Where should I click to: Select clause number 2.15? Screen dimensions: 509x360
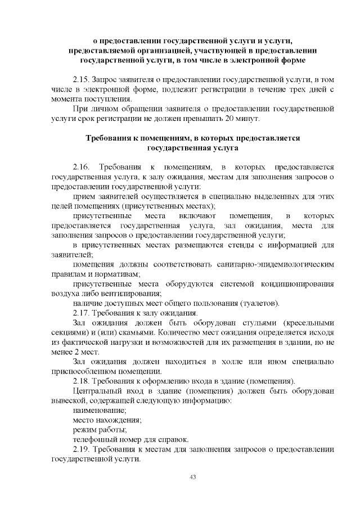point(82,79)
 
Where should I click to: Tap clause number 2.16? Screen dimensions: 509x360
point(82,167)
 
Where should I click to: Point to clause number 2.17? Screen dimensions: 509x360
point(82,313)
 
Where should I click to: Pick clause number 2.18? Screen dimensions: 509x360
point(82,381)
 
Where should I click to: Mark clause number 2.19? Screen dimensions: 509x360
point(82,449)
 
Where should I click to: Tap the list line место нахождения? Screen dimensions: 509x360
point(107,420)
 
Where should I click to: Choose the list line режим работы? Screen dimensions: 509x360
point(101,430)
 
